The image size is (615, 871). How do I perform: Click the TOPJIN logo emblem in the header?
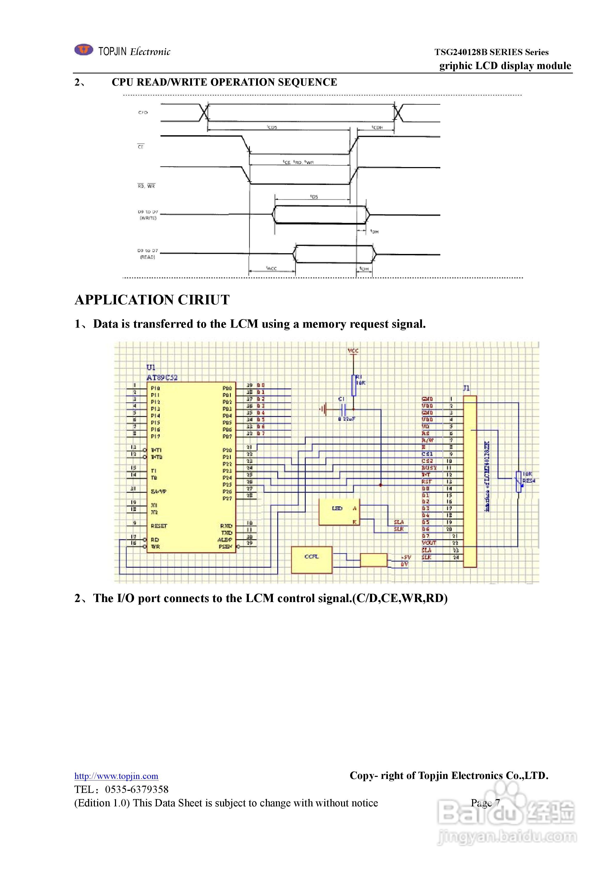click(x=83, y=50)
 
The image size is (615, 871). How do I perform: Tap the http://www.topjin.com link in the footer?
click(x=116, y=776)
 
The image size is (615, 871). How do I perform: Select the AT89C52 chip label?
click(x=162, y=378)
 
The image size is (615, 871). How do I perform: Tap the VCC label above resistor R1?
click(x=353, y=351)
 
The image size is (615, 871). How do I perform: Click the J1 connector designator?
click(x=466, y=388)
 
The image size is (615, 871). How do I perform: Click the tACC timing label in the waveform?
click(x=272, y=268)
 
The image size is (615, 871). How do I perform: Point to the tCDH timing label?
click(x=377, y=127)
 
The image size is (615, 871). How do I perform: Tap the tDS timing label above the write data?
click(x=314, y=197)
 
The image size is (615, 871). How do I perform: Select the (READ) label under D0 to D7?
click(x=148, y=257)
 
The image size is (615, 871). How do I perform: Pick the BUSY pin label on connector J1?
click(x=429, y=468)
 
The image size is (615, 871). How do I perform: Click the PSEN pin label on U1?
click(x=225, y=547)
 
